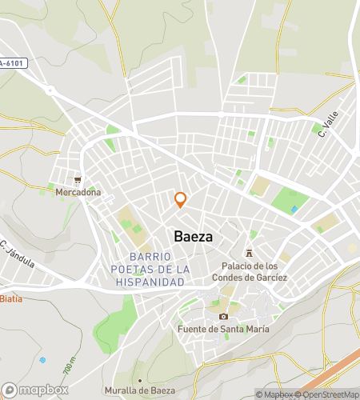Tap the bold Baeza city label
193,237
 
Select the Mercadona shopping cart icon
78,181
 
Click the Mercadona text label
78,193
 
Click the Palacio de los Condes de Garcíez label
250,272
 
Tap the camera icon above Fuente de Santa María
223,317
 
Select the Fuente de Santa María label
224,329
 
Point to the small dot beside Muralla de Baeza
140,380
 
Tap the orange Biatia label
10,298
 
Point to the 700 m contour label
69,369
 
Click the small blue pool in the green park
295,209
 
